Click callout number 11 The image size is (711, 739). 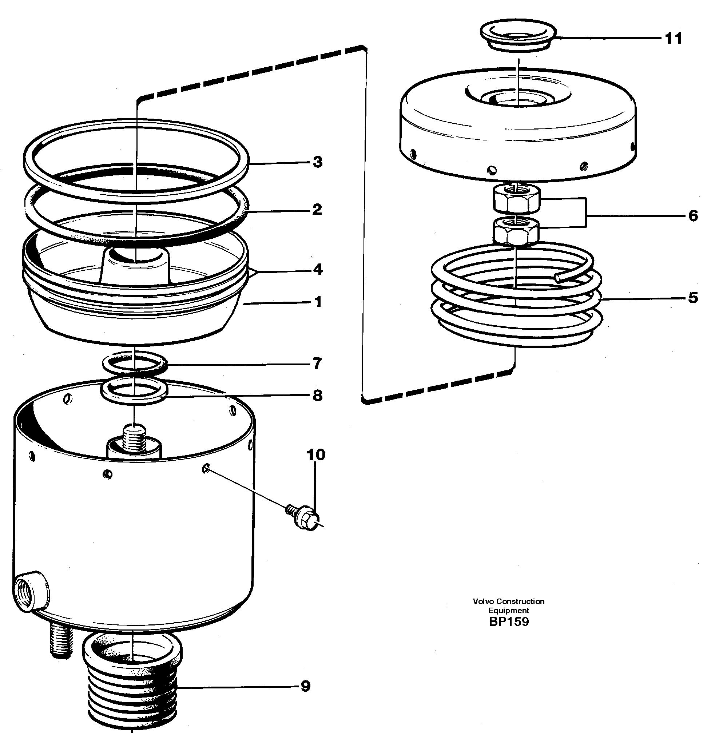pos(673,39)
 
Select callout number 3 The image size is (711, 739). pos(317,162)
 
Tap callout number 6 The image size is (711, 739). pos(693,216)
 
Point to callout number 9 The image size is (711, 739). pos(305,686)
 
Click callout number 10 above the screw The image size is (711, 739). pos(316,455)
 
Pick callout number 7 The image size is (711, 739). pos(317,363)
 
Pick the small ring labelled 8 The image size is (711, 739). pos(134,392)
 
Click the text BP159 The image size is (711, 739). pos(509,622)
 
